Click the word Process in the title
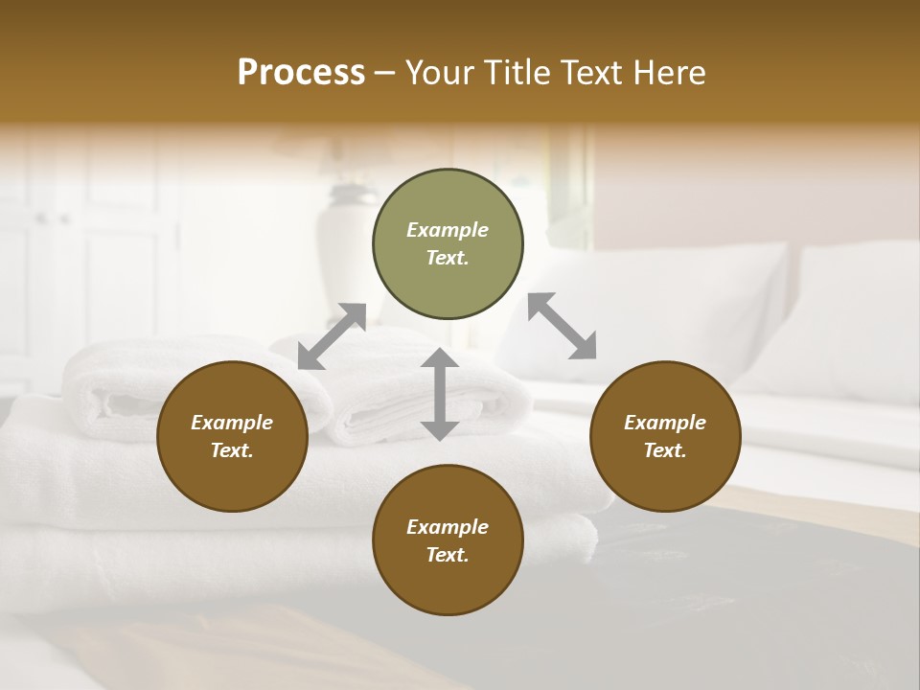tap(301, 73)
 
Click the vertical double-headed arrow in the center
tap(440, 394)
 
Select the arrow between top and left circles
tap(332, 336)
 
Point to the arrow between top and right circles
tap(562, 326)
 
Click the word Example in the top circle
tap(448, 230)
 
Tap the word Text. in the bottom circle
tap(448, 555)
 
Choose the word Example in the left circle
tap(232, 423)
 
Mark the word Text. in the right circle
tap(665, 450)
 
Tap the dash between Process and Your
tap(385, 74)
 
